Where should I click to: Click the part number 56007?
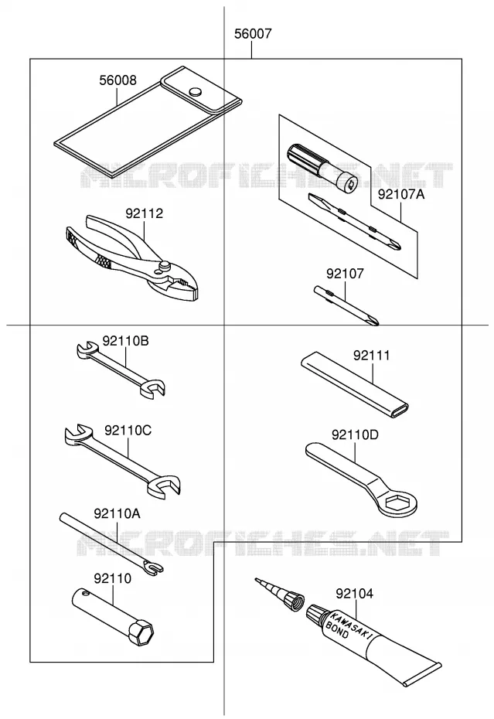[253, 33]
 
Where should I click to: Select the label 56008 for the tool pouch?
[118, 80]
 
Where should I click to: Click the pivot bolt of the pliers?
[164, 266]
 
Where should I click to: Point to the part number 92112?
[145, 213]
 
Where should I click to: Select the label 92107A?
[401, 194]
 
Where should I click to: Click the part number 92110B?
[126, 341]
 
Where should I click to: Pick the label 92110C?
[128, 431]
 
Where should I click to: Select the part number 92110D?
[355, 434]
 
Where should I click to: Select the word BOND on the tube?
[336, 629]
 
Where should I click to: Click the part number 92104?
[355, 594]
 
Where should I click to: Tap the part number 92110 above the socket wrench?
[112, 578]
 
